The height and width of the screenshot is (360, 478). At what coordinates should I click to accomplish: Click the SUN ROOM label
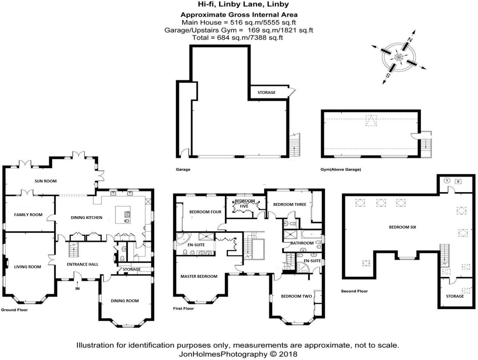46,181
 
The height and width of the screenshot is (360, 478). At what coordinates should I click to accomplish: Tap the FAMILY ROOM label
28,215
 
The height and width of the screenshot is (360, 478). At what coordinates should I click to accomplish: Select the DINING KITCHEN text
86,218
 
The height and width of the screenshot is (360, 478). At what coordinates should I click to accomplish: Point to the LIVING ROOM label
27,267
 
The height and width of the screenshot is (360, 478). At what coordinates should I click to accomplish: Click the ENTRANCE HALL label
82,264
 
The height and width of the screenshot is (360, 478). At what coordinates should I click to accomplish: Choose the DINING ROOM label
125,301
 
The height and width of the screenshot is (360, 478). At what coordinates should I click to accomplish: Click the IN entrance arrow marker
78,286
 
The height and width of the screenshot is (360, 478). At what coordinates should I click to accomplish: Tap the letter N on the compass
410,40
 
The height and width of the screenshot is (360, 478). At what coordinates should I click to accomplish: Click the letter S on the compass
388,75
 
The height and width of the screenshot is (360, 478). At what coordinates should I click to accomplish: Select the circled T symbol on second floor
447,180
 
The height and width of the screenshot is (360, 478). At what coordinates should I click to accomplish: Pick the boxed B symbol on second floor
458,181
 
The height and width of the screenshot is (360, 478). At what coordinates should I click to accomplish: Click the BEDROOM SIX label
403,227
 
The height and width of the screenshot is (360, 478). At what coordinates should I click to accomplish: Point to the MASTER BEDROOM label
199,276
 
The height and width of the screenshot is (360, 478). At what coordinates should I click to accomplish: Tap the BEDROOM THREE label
290,204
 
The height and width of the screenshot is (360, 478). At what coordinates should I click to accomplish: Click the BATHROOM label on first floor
302,243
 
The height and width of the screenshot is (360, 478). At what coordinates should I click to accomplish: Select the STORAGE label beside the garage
267,92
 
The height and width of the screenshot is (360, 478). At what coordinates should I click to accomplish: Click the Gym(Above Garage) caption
341,169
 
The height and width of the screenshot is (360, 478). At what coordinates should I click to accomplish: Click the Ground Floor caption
15,310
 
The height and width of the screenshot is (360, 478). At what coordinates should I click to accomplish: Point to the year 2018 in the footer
288,354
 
